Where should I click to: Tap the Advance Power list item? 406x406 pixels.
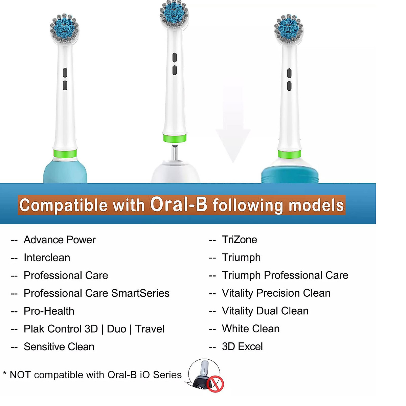click(60, 240)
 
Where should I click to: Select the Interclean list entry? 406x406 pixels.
click(47, 258)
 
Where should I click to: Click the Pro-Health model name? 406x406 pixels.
click(49, 311)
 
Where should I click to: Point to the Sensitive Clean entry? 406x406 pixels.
click(59, 347)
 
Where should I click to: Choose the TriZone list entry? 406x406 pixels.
click(239, 240)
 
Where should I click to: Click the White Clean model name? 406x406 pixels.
click(250, 329)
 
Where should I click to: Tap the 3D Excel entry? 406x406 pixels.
click(242, 347)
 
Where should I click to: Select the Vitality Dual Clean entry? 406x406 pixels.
click(265, 311)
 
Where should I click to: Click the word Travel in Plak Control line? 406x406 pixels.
click(150, 329)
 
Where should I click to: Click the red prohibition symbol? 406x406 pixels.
click(215, 384)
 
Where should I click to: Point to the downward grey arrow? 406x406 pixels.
click(233, 129)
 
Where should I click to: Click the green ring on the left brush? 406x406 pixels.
click(65, 154)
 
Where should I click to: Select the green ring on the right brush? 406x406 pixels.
click(289, 155)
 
